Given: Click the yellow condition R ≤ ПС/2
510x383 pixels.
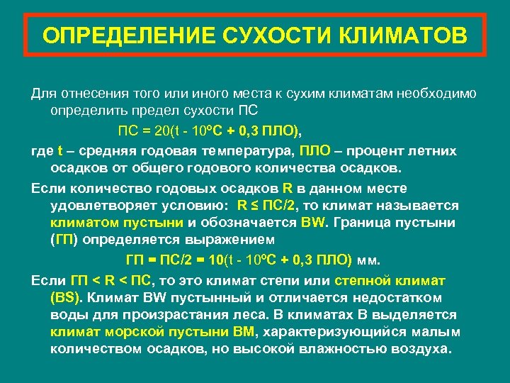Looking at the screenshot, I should (266, 206).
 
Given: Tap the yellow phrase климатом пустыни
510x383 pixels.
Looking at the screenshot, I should (118, 223).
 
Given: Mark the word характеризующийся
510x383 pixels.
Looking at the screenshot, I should (344, 331).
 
